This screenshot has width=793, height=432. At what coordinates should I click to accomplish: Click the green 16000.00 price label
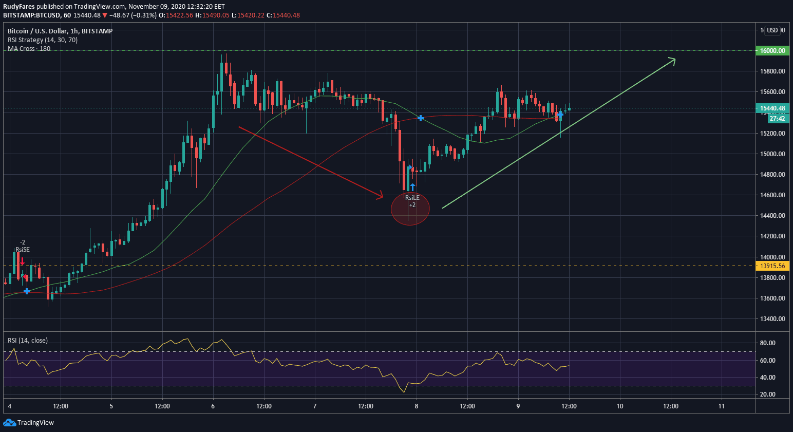(772, 51)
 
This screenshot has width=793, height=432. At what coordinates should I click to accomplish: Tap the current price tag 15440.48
(772, 108)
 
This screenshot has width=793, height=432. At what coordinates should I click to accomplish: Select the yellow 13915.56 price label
(772, 266)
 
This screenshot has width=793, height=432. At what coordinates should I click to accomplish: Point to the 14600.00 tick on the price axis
(772, 195)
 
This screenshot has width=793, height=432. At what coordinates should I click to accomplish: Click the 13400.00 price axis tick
(772, 319)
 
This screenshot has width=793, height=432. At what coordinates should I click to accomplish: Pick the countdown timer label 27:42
(777, 119)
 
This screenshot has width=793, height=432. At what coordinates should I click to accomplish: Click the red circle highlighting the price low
(410, 209)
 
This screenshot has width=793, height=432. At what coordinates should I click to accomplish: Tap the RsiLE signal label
(412, 198)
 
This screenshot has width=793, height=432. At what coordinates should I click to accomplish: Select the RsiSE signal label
(23, 250)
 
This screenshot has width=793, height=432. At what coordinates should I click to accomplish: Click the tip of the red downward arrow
(383, 196)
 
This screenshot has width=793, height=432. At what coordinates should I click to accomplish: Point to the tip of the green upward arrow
(674, 59)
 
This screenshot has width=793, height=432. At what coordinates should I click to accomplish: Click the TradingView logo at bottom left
(29, 423)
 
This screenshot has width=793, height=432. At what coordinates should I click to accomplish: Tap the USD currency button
(772, 30)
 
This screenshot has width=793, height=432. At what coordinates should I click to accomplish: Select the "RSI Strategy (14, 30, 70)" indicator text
(43, 40)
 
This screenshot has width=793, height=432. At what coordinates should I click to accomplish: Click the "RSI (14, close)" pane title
(28, 341)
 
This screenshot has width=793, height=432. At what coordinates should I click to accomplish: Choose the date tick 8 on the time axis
(417, 406)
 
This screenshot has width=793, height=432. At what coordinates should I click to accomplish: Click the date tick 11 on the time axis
(722, 406)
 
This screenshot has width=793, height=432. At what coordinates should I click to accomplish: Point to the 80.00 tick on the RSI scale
(767, 343)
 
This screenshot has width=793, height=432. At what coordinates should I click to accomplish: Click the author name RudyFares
(19, 7)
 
